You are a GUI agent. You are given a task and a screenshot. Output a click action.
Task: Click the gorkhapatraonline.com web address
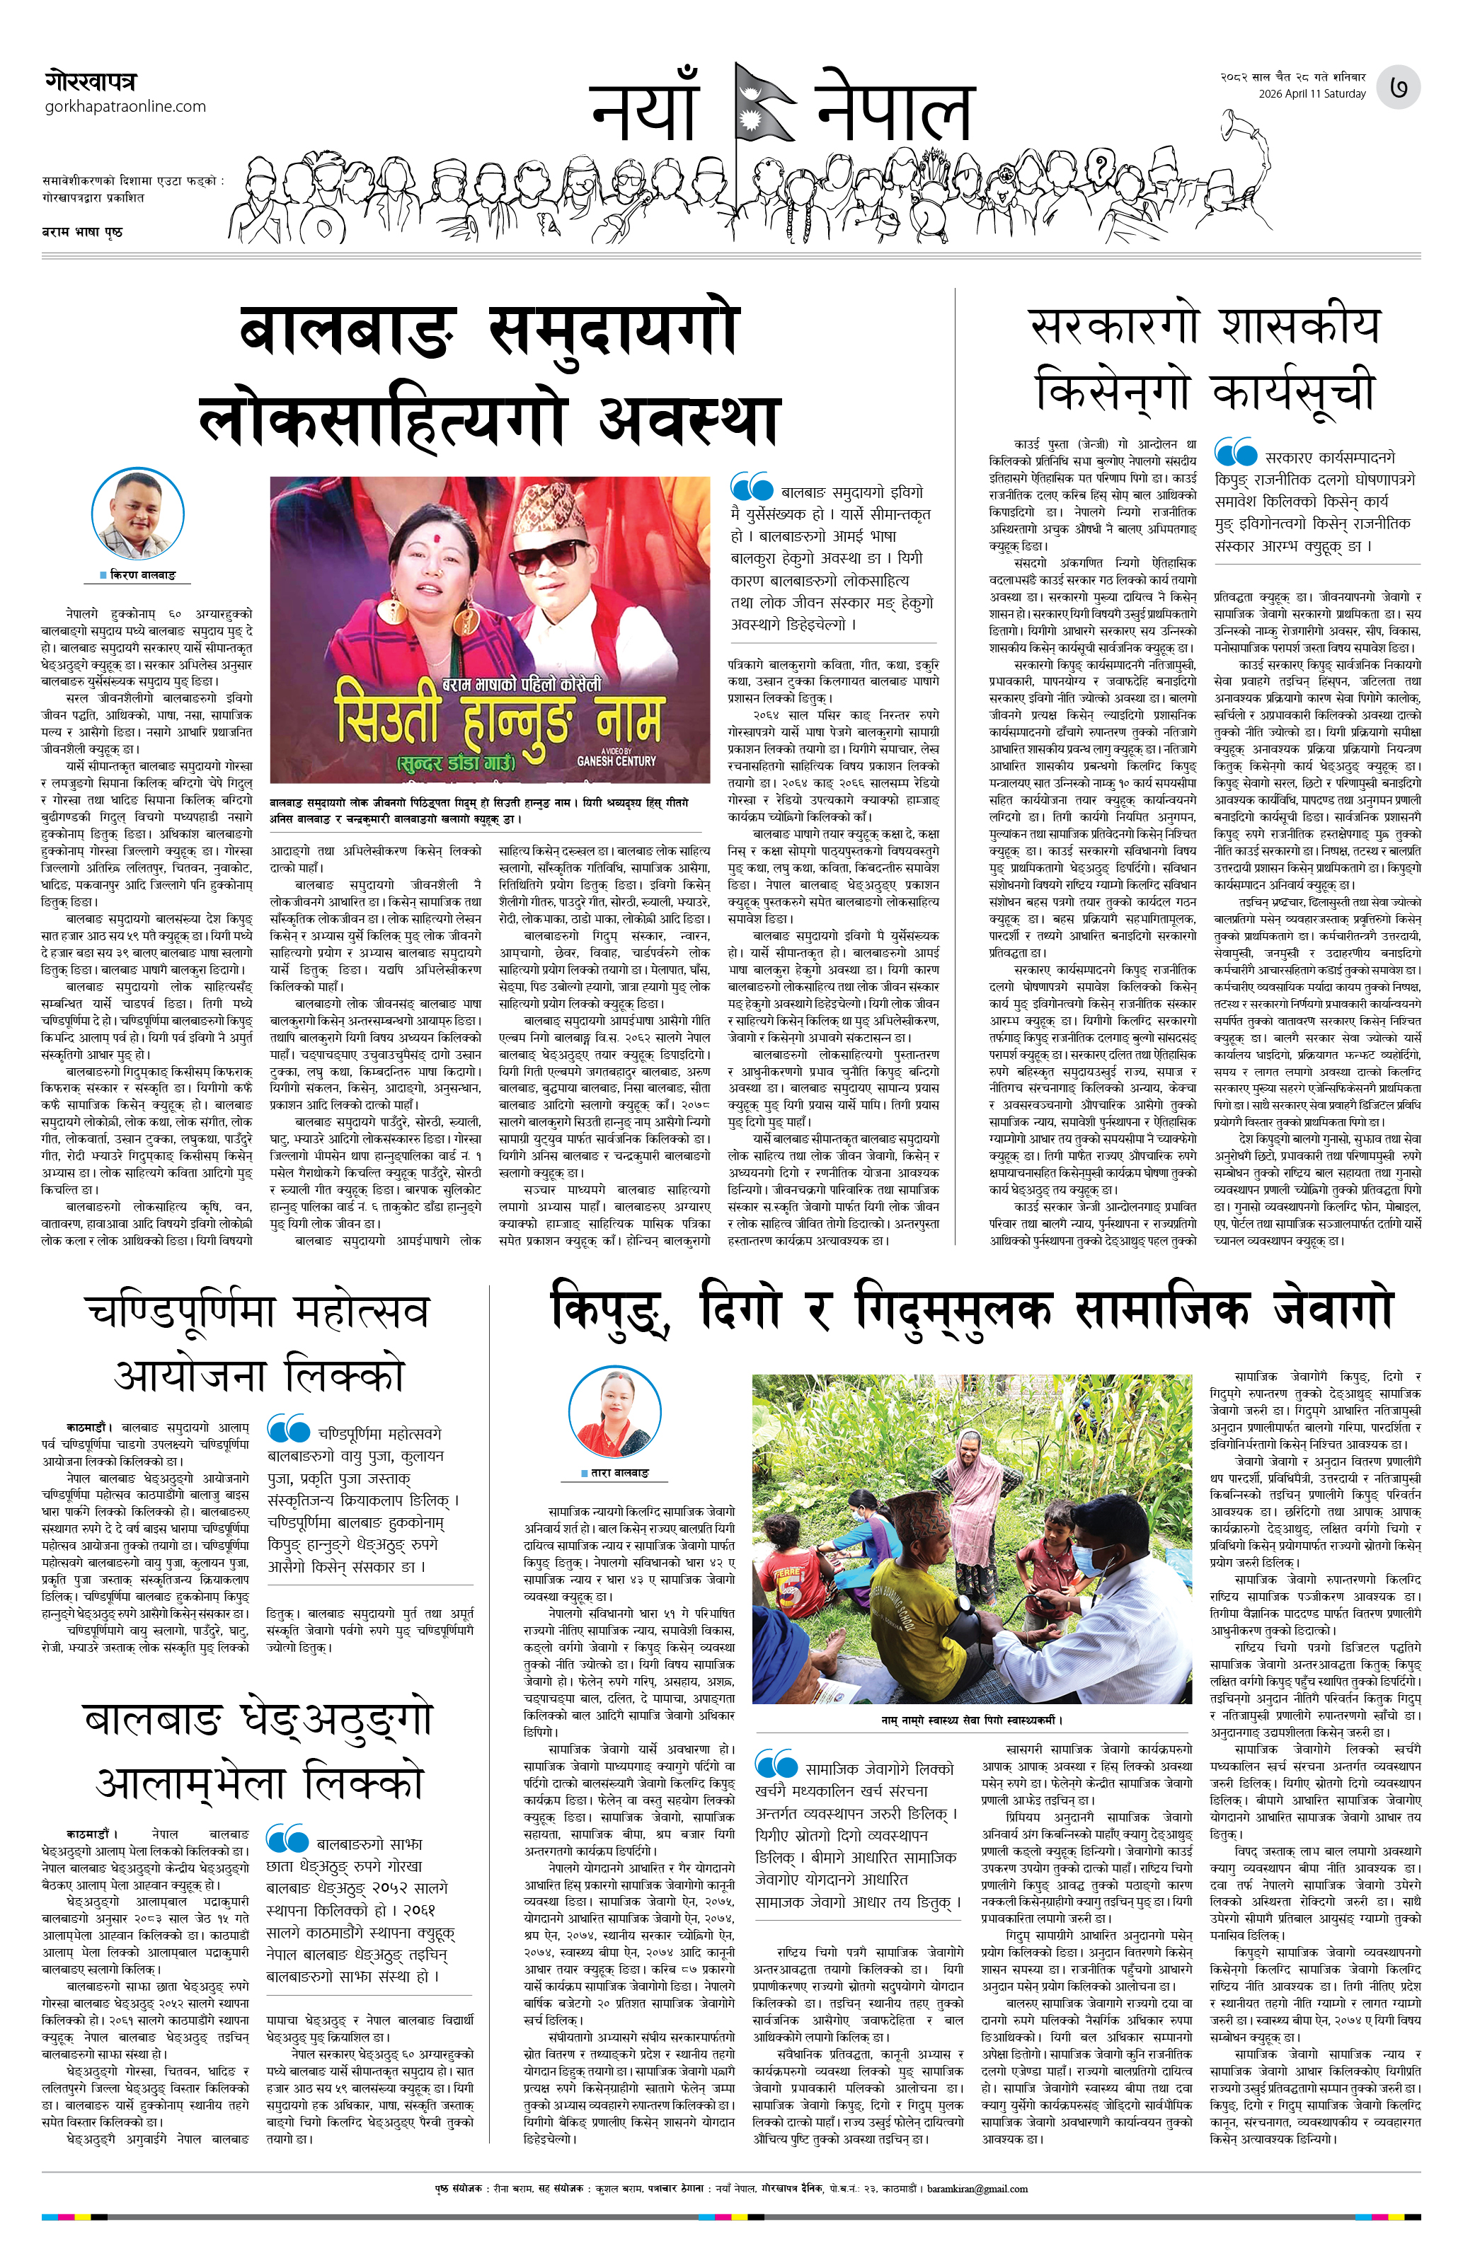pos(125,106)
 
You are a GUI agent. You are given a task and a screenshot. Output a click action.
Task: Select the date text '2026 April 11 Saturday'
pos(1312,94)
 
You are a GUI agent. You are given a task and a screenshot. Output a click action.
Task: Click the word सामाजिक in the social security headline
pos(1162,1309)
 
